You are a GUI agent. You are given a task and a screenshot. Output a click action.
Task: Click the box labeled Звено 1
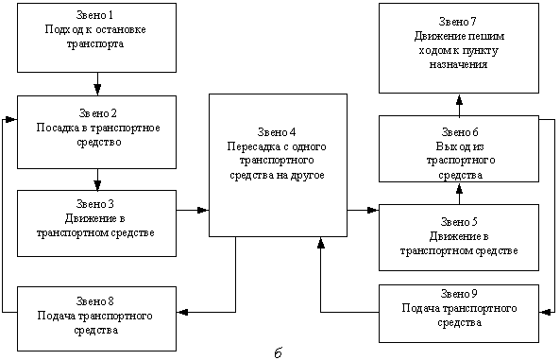click(96, 37)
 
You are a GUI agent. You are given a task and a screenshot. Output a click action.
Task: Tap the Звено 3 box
click(96, 223)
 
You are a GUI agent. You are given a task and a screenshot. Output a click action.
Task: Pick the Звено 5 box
click(459, 237)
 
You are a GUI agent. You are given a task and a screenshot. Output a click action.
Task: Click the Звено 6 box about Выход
click(459, 148)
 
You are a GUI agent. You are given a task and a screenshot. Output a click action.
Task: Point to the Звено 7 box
click(459, 47)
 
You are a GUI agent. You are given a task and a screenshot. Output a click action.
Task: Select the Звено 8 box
click(96, 317)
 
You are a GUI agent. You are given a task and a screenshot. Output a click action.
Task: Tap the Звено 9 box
click(459, 313)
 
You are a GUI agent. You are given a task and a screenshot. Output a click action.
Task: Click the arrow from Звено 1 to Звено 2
click(96, 83)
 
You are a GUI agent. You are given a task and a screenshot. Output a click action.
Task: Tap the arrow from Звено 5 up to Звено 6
click(459, 194)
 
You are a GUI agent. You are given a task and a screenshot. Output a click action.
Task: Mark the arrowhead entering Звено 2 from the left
click(11, 120)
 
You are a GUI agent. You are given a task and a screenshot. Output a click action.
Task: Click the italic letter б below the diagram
click(278, 351)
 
